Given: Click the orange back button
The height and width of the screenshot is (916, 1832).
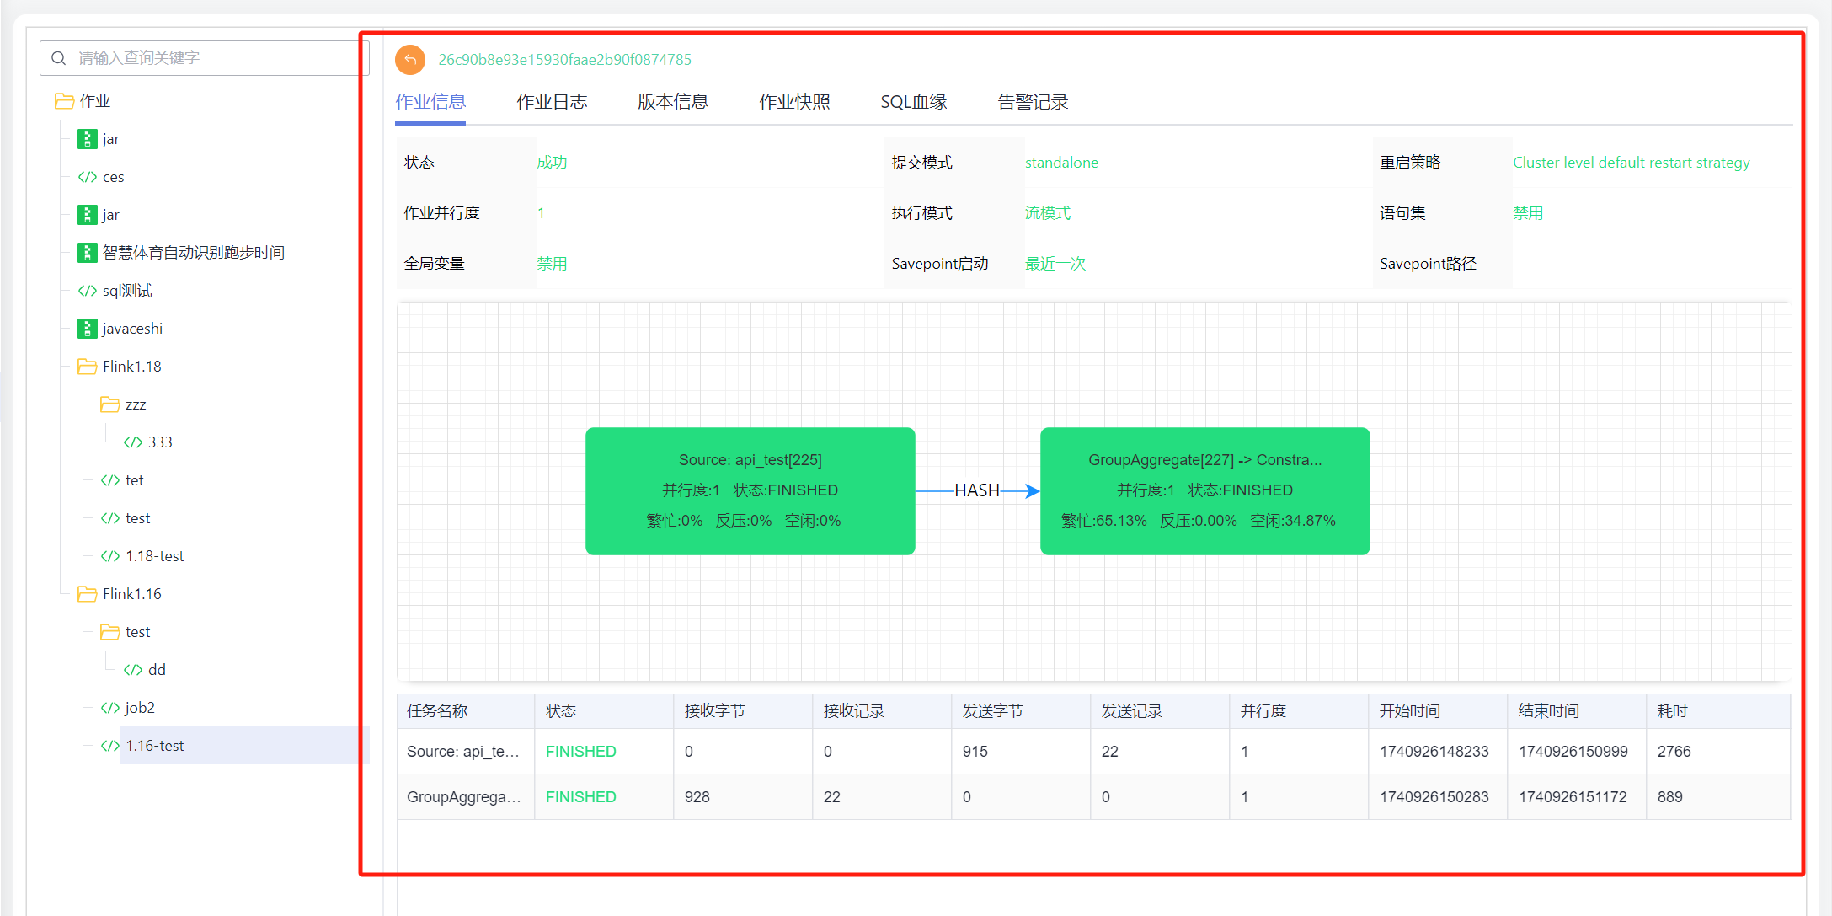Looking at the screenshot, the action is (x=410, y=59).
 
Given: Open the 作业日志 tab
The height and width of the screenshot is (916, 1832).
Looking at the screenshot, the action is (x=552, y=102).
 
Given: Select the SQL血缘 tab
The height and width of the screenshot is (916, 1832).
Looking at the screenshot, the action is (x=914, y=102).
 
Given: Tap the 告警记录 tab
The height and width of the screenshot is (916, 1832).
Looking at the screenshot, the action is (x=1033, y=102).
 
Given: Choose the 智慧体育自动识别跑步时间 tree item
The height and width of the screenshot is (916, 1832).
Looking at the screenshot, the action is (x=193, y=253).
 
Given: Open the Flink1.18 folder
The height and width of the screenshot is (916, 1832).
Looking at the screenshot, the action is (x=131, y=367).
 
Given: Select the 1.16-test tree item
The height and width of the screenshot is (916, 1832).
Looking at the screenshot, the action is (x=155, y=746).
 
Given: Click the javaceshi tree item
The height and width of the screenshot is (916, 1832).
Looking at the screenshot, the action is (x=132, y=329).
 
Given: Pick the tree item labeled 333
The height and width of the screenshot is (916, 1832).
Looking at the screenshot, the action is (x=160, y=442).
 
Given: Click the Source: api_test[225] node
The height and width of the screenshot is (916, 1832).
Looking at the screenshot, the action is (x=750, y=491).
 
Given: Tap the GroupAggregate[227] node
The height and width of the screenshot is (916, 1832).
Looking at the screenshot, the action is (x=1205, y=491).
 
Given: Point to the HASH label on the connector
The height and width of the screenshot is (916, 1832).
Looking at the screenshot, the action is (x=977, y=490).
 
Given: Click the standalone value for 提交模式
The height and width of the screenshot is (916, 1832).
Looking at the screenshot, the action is (x=1061, y=163).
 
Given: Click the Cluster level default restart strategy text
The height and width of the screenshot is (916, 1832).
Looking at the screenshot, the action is (x=1632, y=163).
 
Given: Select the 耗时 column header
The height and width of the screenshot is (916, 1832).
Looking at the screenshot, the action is (x=1673, y=711).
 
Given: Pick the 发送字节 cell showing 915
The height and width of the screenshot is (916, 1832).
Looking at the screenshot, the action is (x=975, y=752).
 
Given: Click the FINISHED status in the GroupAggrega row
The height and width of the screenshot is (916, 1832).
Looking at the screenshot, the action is (x=581, y=797).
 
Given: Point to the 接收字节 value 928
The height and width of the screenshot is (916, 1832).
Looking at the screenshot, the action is (x=697, y=797).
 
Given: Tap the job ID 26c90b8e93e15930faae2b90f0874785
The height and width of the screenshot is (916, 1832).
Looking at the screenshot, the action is (x=564, y=60).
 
